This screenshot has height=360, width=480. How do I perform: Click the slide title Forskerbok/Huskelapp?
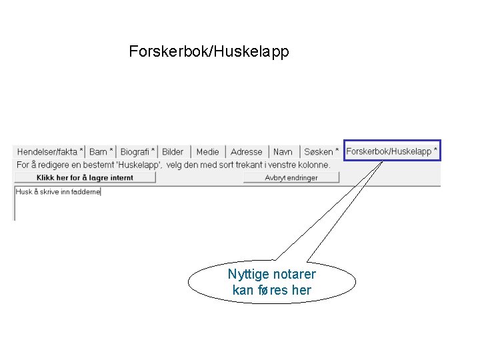[209, 51]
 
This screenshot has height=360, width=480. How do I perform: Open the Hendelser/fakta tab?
[50, 152]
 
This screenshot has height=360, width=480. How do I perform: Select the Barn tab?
[101, 152]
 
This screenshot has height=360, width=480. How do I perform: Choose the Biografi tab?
[138, 152]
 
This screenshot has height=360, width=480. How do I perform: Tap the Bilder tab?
[173, 152]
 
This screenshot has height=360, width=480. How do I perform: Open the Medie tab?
[207, 152]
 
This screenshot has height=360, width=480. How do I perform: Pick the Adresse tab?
[246, 152]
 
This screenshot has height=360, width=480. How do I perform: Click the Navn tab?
[283, 152]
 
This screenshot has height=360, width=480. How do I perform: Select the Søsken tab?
[321, 152]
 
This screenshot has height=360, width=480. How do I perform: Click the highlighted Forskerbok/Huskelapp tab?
[391, 151]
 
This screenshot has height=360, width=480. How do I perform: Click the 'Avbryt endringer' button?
[291, 177]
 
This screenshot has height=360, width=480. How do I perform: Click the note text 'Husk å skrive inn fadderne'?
[58, 192]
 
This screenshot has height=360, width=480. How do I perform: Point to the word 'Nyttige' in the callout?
[246, 275]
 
